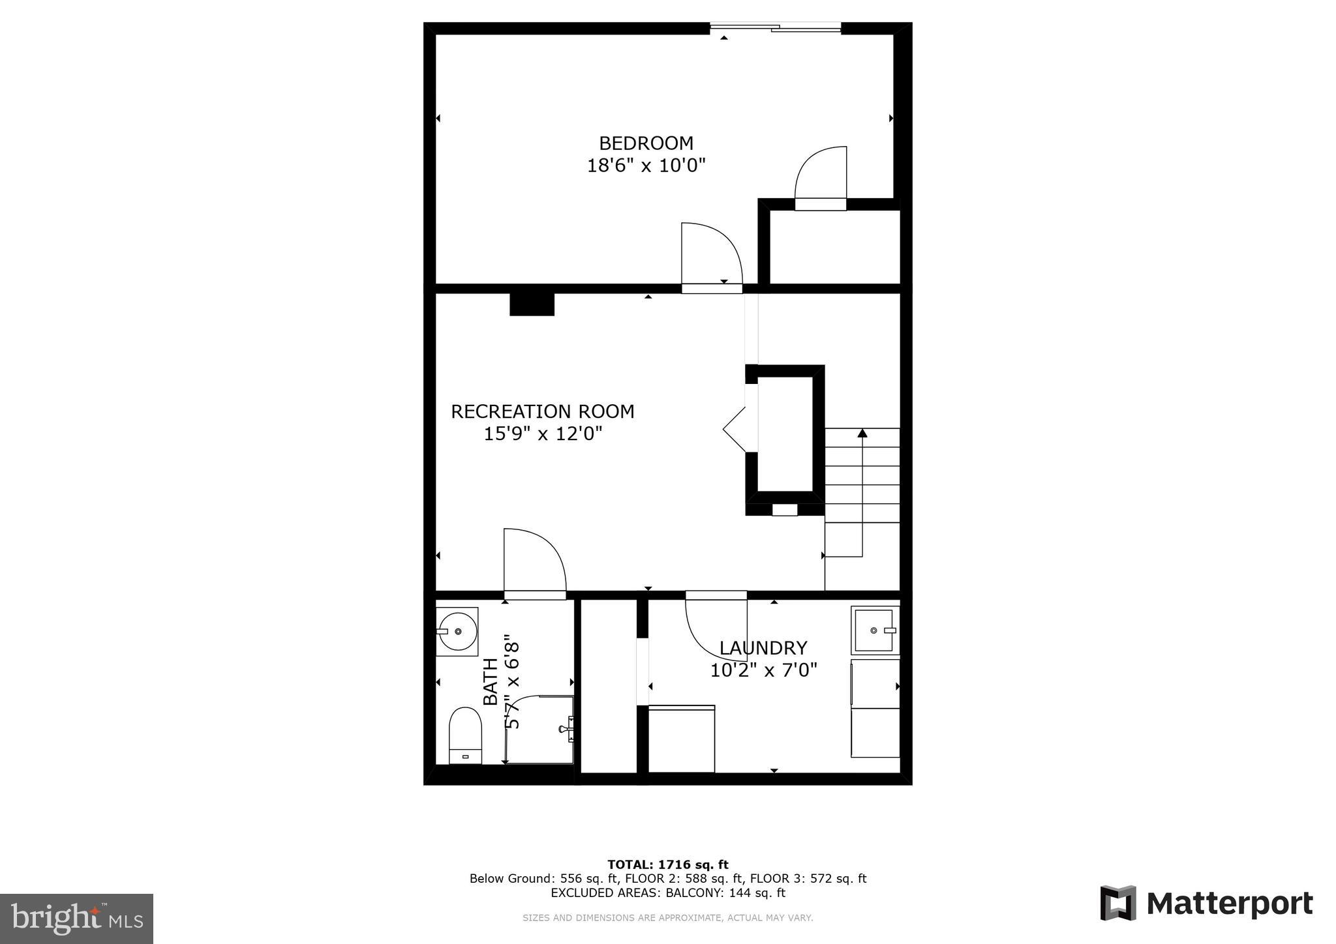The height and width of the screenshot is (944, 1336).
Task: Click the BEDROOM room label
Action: coord(646,143)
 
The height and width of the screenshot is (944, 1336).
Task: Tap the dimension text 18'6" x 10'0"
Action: coord(646,166)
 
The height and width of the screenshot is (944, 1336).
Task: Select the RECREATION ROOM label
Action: coord(542,411)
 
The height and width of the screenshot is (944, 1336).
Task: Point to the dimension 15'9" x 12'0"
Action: coord(542,434)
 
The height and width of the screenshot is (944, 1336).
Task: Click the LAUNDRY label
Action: coord(763,648)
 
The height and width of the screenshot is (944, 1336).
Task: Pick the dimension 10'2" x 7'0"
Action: coord(763,670)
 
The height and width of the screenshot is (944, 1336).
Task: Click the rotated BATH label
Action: coord(491,681)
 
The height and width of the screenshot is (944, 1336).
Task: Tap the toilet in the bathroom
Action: coord(465,735)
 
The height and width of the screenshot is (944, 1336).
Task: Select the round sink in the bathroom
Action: coord(457,631)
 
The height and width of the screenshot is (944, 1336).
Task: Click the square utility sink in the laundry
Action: coord(874,630)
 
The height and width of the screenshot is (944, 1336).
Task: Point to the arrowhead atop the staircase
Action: coord(862,433)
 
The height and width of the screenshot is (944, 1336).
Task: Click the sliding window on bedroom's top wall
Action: coord(775,27)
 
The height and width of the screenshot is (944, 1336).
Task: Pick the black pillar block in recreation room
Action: coord(532,304)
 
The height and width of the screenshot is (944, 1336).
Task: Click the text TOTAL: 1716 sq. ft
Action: coord(667,865)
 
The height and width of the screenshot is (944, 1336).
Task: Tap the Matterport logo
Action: coord(1206,904)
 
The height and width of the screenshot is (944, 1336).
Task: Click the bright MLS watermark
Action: coord(76,919)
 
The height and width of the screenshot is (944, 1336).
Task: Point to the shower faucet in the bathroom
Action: coord(567,728)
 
